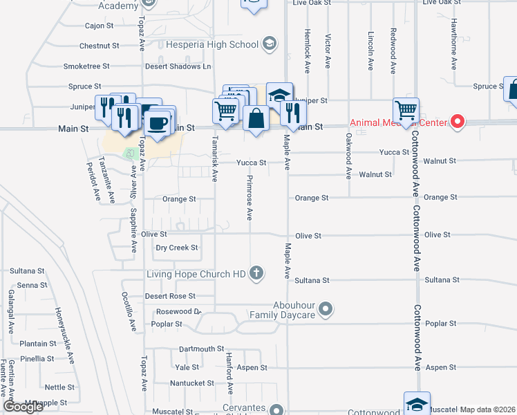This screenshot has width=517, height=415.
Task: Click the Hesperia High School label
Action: pyautogui.click(x=212, y=45)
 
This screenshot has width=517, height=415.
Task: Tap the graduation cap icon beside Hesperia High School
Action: pyautogui.click(x=269, y=45)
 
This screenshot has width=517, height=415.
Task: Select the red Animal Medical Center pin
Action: pyautogui.click(x=457, y=123)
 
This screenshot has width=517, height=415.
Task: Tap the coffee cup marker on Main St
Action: pyautogui.click(x=158, y=123)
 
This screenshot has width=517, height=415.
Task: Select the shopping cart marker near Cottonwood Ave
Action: pyautogui.click(x=406, y=109)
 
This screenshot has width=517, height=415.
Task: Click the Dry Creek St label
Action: pyautogui.click(x=177, y=248)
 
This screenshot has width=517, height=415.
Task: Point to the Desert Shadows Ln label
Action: pyautogui.click(x=178, y=66)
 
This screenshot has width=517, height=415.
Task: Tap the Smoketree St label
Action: pyautogui.click(x=86, y=66)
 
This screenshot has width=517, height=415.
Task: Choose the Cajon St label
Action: pyautogui.click(x=99, y=26)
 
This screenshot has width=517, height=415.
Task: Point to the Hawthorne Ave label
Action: pyautogui.click(x=454, y=52)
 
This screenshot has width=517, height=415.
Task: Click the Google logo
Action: pyautogui.click(x=23, y=407)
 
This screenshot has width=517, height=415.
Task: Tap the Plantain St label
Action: pyautogui.click(x=37, y=343)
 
